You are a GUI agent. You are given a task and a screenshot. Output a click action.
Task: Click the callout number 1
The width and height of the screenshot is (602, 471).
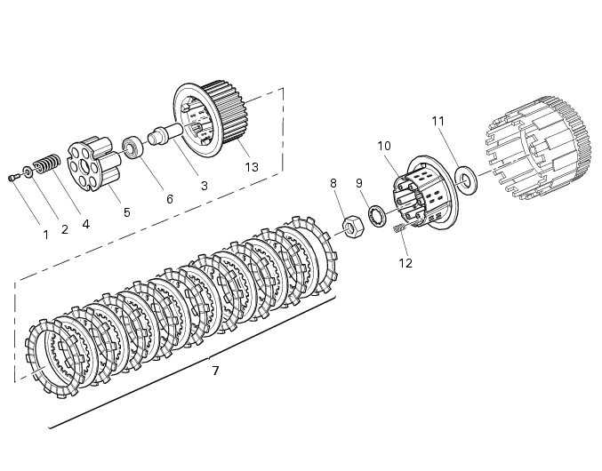point(45,235)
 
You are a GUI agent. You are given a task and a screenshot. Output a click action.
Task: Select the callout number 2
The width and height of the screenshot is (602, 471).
point(64,229)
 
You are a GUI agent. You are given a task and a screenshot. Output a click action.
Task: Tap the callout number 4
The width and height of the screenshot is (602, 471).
point(85,225)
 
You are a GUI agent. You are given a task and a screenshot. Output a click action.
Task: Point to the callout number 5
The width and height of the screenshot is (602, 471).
point(126,212)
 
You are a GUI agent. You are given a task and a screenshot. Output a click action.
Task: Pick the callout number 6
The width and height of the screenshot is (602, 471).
point(169,200)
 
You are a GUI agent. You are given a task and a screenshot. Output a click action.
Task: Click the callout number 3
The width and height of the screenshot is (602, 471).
point(204,186)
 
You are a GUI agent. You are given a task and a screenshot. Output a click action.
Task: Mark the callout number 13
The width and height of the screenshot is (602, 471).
point(252,167)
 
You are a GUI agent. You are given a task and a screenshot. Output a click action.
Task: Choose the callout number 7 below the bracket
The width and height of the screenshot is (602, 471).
point(215,370)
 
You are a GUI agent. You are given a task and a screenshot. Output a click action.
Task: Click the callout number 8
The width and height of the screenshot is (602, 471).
point(333,183)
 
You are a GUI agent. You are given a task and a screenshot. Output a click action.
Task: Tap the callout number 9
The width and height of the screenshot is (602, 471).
point(359,183)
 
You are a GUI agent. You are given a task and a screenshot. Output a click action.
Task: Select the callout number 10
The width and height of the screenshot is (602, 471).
point(383,145)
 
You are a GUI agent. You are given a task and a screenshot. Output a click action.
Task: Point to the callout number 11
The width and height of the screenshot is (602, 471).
point(437,120)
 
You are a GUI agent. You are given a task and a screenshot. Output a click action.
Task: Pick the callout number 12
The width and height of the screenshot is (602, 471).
point(405,263)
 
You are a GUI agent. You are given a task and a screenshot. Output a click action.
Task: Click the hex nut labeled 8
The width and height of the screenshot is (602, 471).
point(350,227)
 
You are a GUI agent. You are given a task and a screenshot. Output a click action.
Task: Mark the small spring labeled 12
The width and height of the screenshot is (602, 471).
point(399,230)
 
